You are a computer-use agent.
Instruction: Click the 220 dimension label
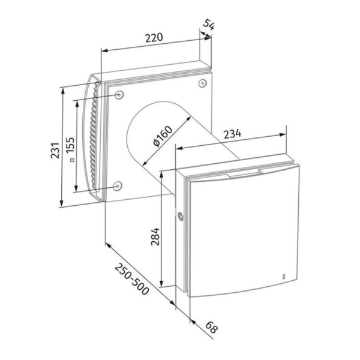(x=154, y=38)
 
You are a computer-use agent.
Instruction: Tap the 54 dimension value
(x=209, y=25)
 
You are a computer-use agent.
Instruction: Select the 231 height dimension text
(x=55, y=151)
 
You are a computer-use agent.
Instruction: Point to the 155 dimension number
(x=71, y=145)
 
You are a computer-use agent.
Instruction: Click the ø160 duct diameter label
(x=163, y=136)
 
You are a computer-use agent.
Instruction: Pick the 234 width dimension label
(x=233, y=134)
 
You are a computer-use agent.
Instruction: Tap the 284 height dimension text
(x=155, y=236)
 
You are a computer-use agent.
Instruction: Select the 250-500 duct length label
(x=132, y=279)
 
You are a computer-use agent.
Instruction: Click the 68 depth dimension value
(x=211, y=328)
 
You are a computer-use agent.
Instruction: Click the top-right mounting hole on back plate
(x=202, y=83)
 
